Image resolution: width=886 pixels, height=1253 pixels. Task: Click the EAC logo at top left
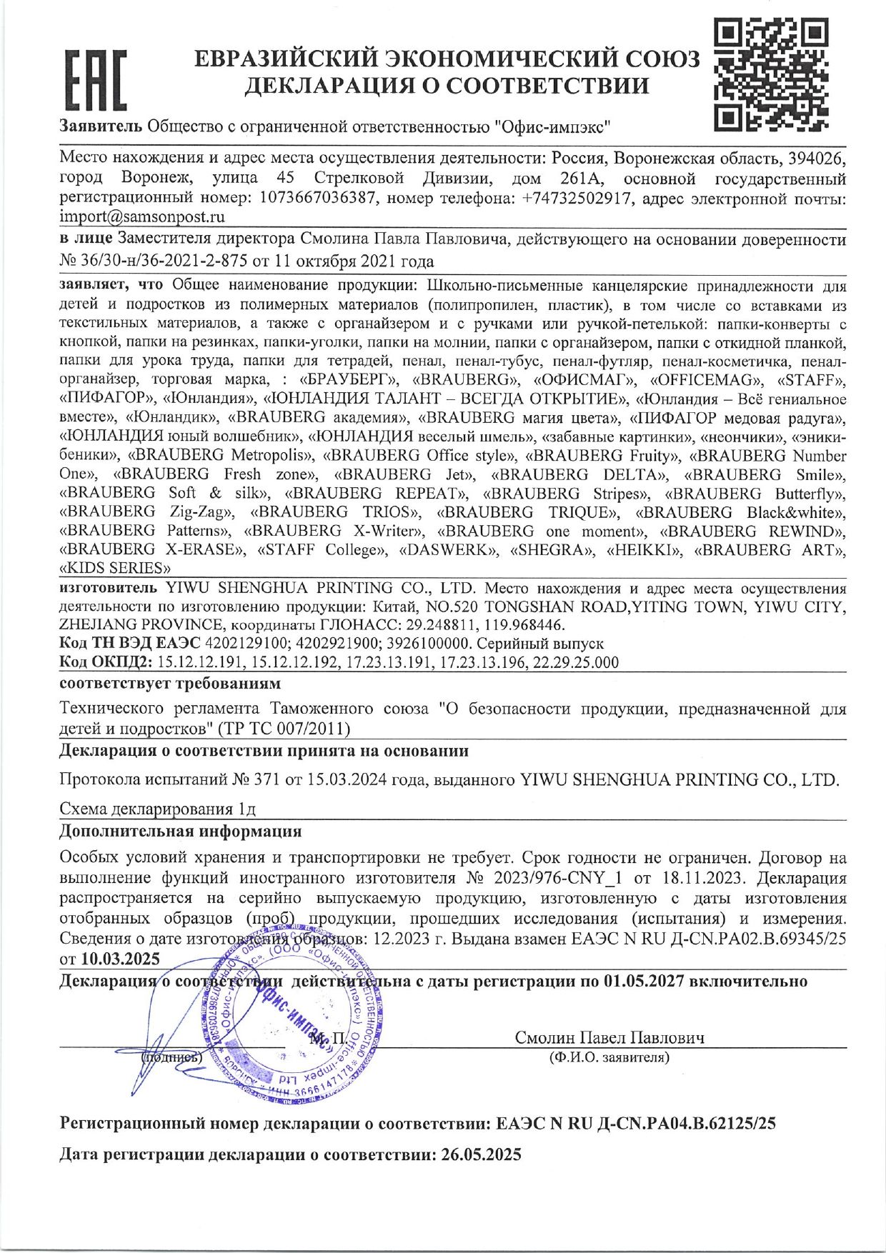click(96, 80)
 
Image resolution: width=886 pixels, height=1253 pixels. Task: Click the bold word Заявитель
click(101, 127)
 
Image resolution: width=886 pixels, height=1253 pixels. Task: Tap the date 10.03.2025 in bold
click(120, 958)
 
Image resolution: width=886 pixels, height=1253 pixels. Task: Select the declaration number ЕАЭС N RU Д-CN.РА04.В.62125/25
click(636, 1123)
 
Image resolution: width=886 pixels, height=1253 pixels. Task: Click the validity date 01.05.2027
click(646, 981)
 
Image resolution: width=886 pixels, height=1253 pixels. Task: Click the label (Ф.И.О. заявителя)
click(609, 1057)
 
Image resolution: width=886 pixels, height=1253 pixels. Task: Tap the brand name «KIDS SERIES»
click(116, 569)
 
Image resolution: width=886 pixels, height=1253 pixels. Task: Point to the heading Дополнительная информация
click(180, 831)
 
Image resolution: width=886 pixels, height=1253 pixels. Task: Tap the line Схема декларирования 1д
click(157, 809)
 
